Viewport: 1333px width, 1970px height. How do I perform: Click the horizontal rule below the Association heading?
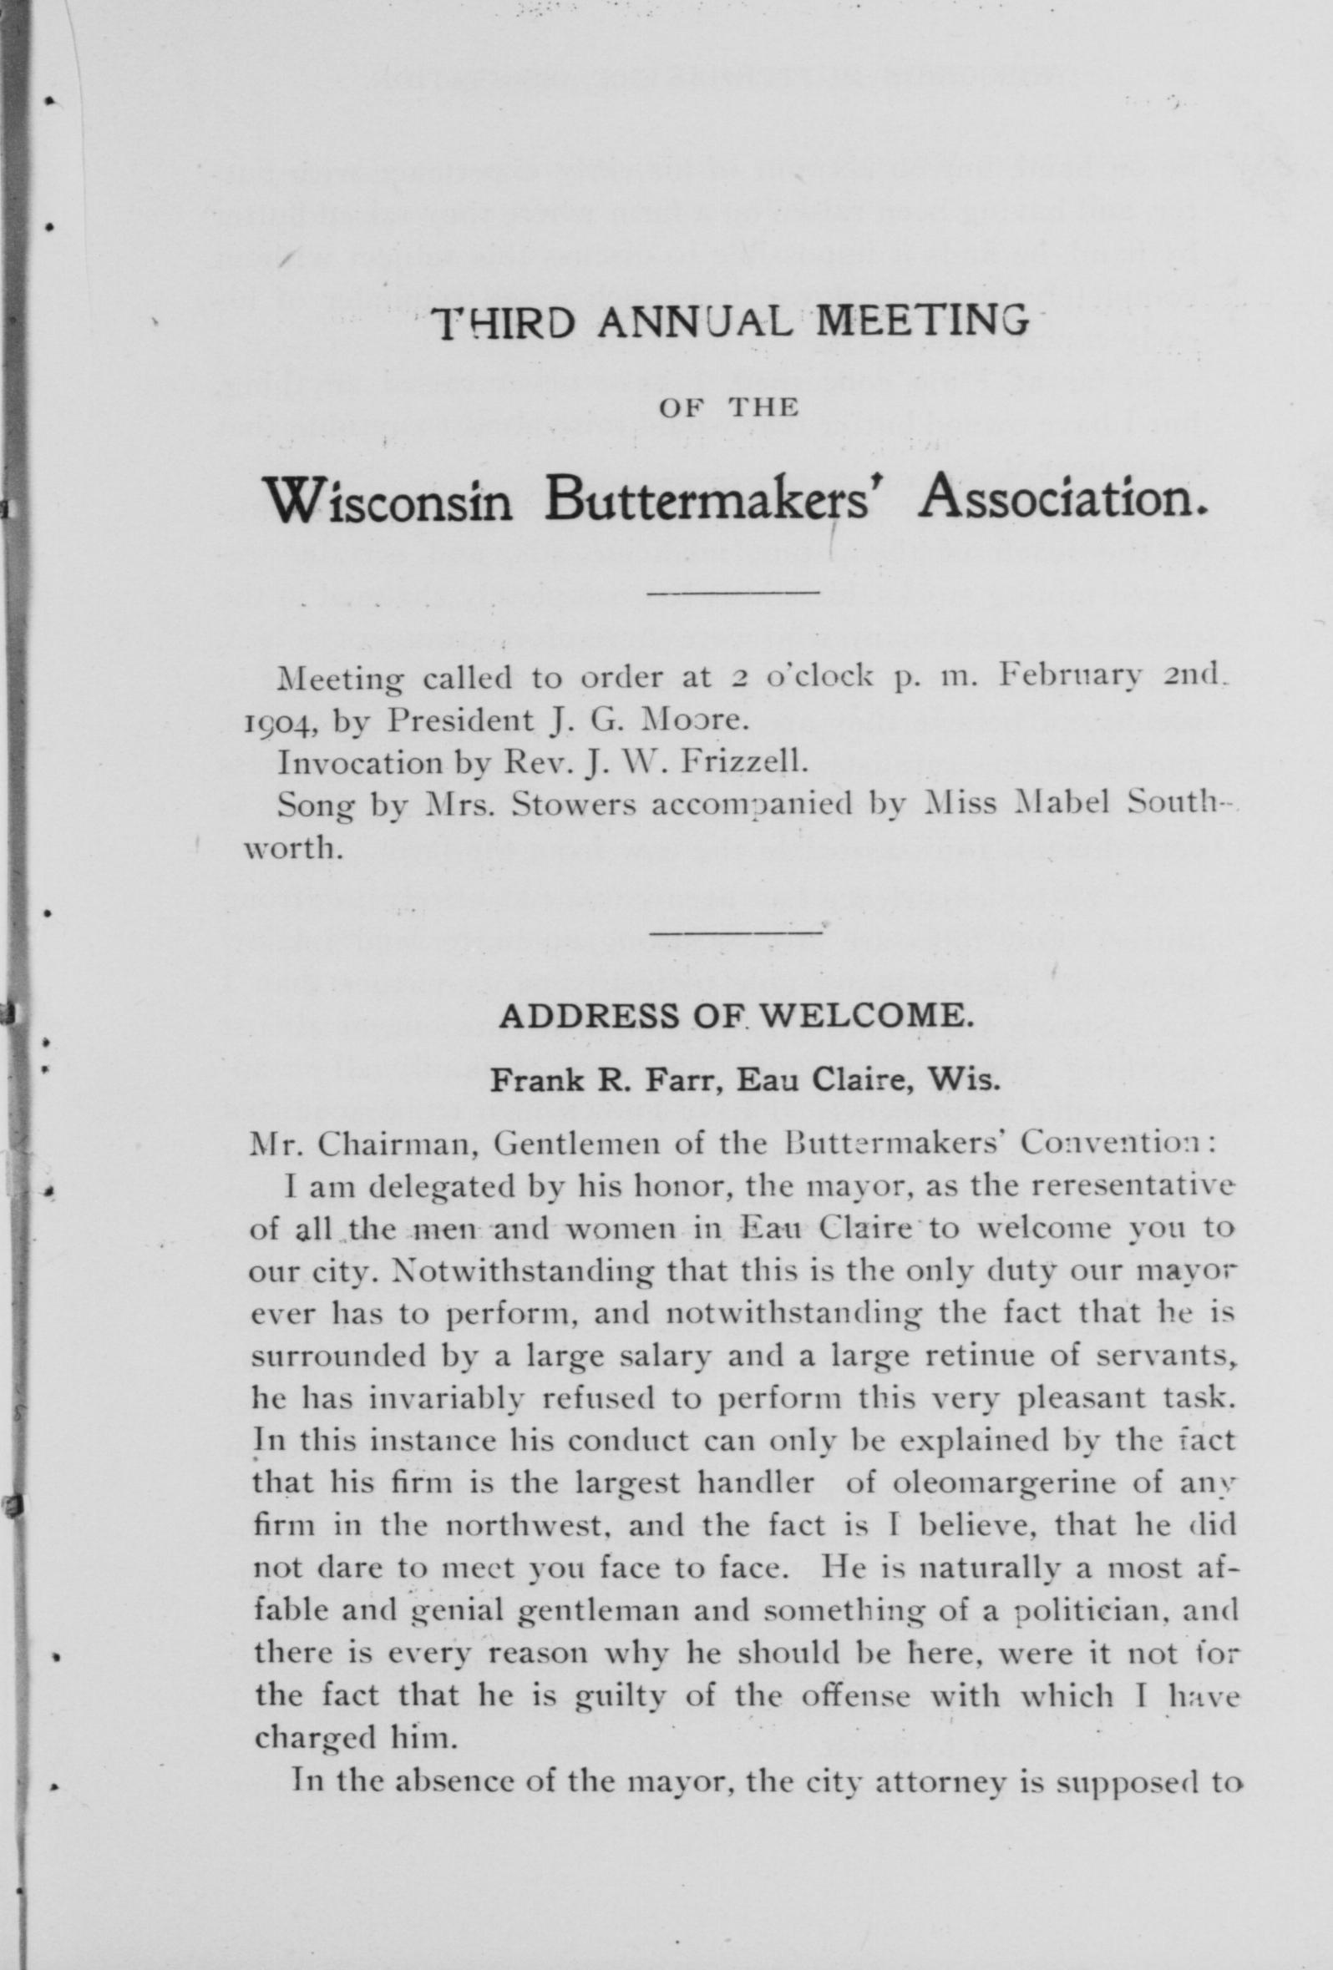click(732, 592)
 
